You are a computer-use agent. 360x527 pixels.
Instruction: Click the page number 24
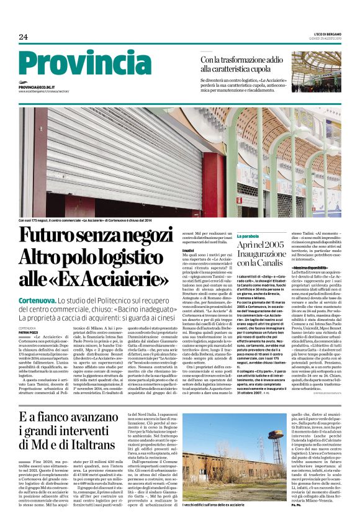pos(24,37)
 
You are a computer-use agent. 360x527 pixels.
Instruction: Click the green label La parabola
pos(265,236)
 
